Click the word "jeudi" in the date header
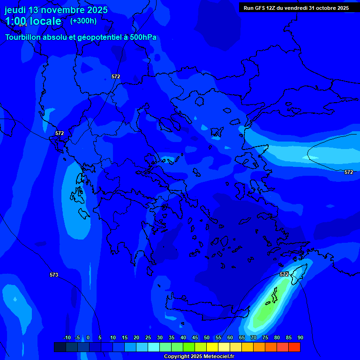pyautogui.click(x=15, y=10)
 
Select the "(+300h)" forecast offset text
pyautogui.click(x=83, y=21)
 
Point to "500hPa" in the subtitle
pyautogui.click(x=143, y=37)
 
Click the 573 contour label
pyautogui.click(x=54, y=275)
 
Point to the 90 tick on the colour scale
pyautogui.click(x=300, y=337)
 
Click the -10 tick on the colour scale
pyautogui.click(x=67, y=337)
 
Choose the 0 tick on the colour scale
pyautogui.click(x=88, y=337)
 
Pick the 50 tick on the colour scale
pyautogui.click(x=206, y=337)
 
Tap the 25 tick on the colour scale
pyautogui.click(x=148, y=337)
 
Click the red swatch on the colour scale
pyautogui.click(x=294, y=347)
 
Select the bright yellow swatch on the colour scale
pyautogui.click(x=212, y=347)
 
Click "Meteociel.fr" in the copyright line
pyautogui.click(x=217, y=357)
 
